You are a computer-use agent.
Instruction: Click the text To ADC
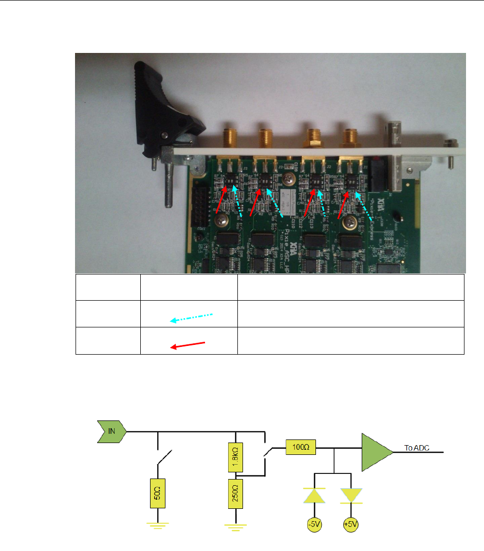click(416, 448)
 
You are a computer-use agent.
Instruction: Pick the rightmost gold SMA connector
click(351, 138)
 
